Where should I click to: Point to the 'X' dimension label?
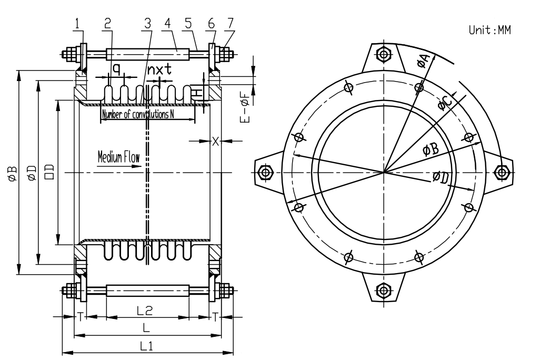(x=215, y=141)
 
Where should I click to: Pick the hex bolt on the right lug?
(x=503, y=172)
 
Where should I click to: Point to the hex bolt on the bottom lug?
(x=384, y=291)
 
